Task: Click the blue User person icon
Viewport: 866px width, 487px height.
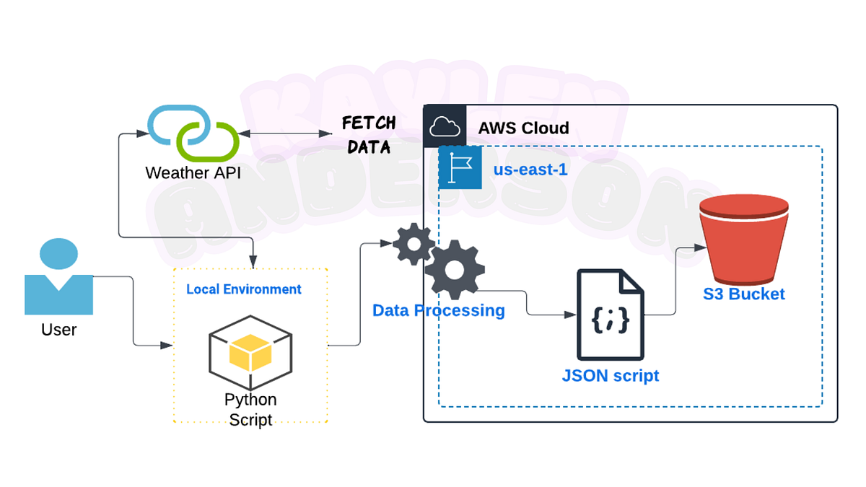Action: (58, 278)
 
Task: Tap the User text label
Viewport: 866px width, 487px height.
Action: (58, 330)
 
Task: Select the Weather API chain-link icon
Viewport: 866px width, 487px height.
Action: (193, 133)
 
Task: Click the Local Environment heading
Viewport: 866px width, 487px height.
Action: (244, 289)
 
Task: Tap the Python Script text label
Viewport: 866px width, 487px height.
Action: (250, 409)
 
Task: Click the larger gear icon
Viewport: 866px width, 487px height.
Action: (454, 270)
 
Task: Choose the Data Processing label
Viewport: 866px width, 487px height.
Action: (438, 310)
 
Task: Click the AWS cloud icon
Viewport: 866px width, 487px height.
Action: (445, 127)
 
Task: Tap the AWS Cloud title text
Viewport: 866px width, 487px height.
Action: (523, 128)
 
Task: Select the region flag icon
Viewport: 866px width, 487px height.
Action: (460, 168)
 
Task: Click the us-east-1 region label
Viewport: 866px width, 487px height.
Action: (530, 170)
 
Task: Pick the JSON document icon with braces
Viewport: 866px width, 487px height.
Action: (610, 315)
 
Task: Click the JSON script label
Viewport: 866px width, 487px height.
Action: (610, 376)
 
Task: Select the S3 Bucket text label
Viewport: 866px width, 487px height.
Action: (744, 294)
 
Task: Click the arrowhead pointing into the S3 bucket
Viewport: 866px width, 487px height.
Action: (699, 247)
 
